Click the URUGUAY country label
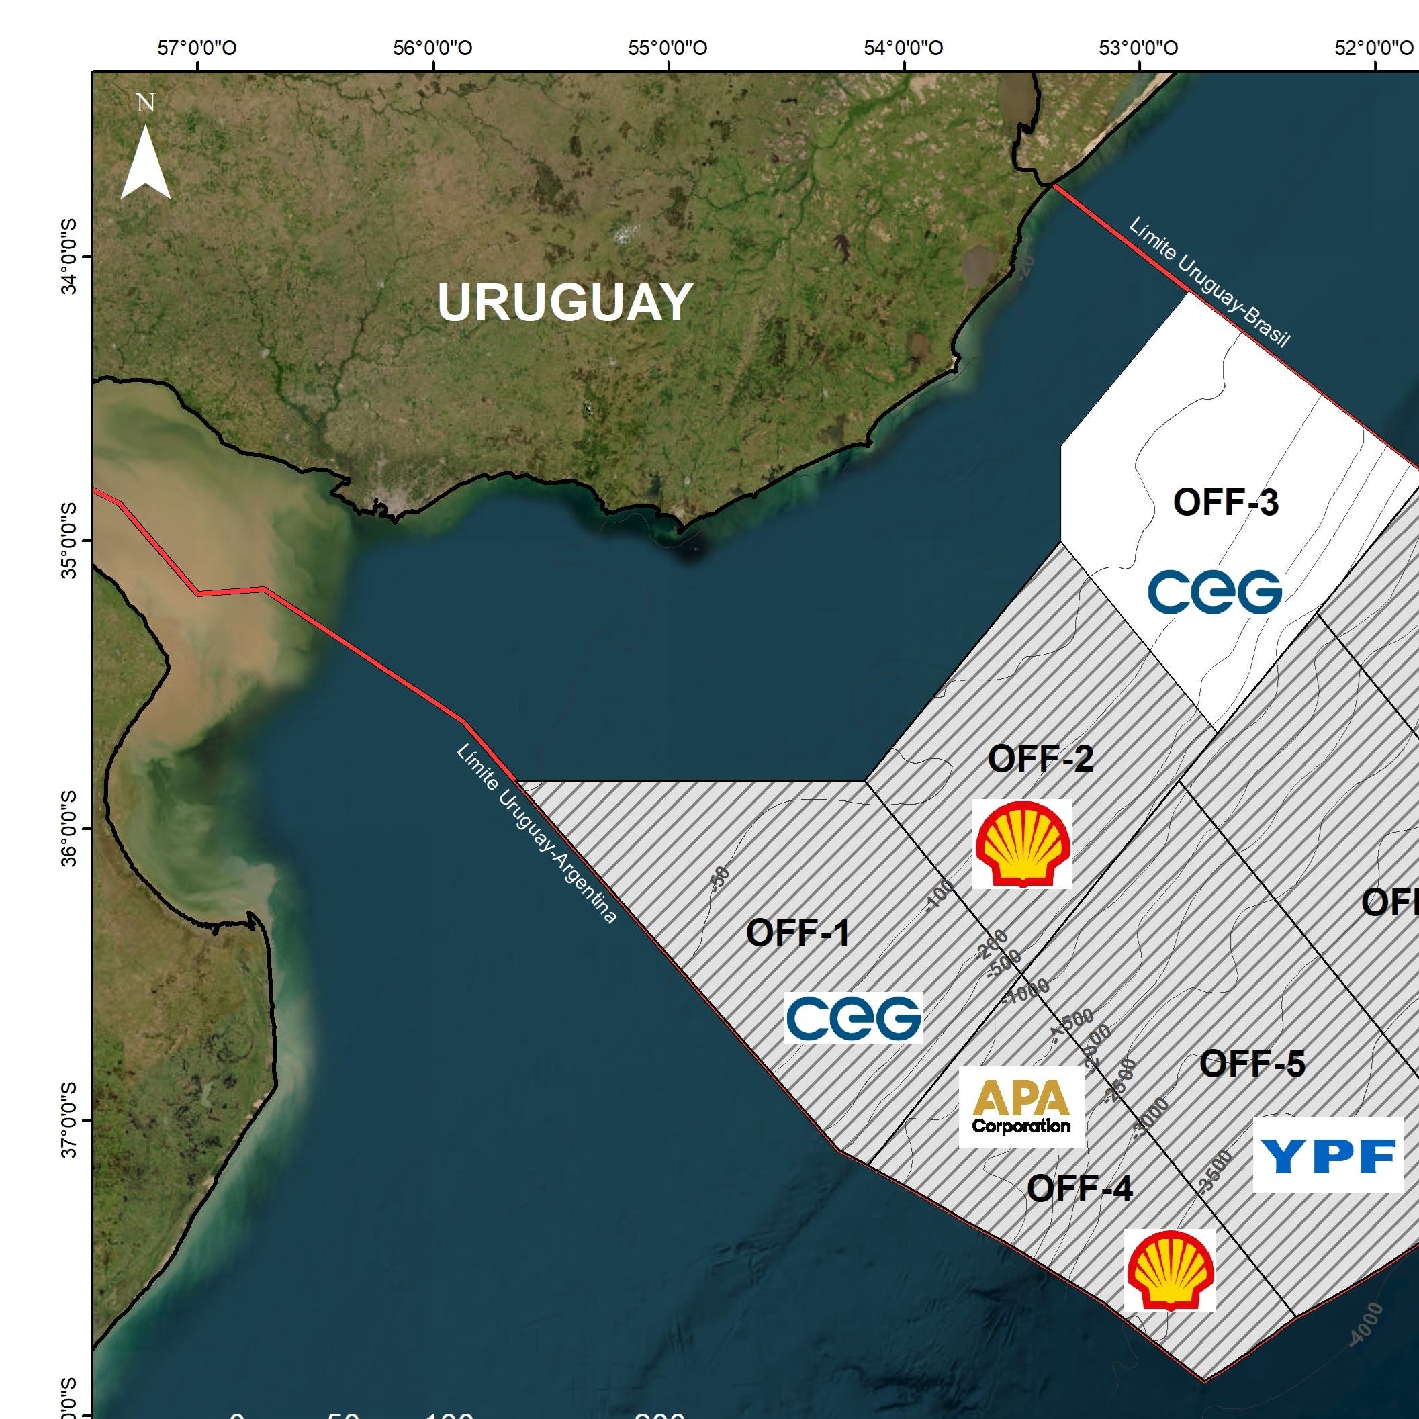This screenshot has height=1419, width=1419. click(564, 303)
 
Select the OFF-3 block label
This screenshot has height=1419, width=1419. click(1226, 503)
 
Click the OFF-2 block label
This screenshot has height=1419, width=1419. click(1040, 759)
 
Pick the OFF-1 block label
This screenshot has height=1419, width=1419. click(798, 933)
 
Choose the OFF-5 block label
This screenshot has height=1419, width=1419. click(1252, 1064)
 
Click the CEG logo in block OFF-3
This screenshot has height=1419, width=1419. click(1215, 592)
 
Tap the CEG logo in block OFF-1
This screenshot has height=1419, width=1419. click(854, 1018)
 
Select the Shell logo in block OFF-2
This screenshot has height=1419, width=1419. click(1022, 844)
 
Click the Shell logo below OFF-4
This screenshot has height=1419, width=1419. click(1170, 1270)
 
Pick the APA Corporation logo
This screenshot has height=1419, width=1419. click(1021, 1107)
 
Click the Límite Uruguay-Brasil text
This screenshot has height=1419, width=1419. click(1209, 282)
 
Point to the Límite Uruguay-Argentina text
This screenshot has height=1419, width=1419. click(536, 833)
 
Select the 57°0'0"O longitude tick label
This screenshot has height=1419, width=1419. click(197, 48)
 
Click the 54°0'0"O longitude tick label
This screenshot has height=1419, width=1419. click(903, 48)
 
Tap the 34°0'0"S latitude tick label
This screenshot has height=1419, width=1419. click(70, 257)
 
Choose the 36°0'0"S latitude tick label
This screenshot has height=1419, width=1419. click(70, 829)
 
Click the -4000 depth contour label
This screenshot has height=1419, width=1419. click(1366, 1324)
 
